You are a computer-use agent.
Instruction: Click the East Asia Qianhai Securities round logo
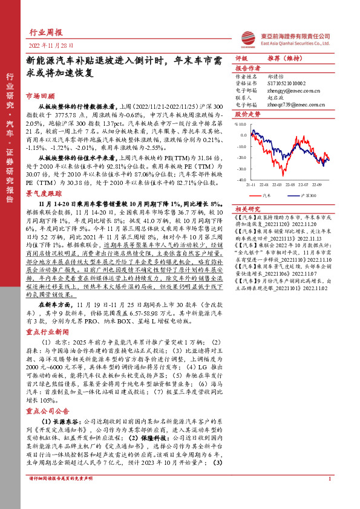coord(245,38)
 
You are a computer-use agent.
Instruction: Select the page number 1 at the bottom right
coord(329,496)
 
